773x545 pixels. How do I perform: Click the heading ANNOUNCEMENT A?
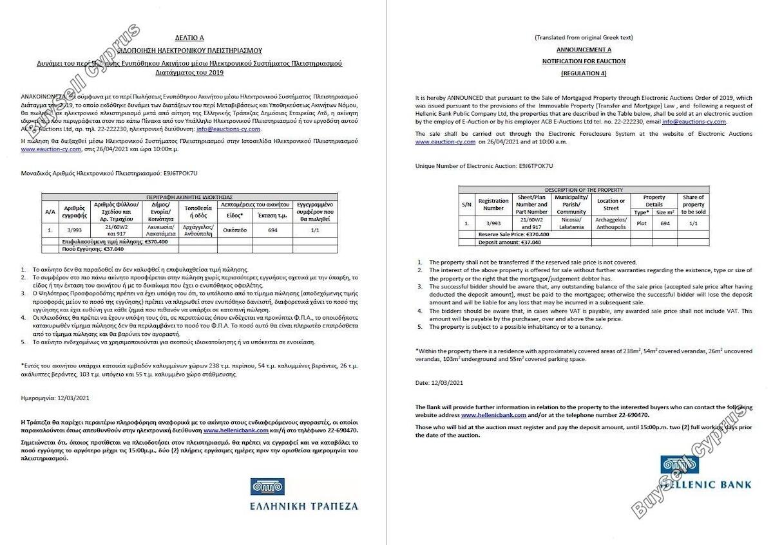coord(584,49)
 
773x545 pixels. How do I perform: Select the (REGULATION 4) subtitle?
coord(584,74)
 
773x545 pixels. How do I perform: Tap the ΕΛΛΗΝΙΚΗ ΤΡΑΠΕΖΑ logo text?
coord(304,506)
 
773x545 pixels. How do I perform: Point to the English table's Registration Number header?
coord(493,204)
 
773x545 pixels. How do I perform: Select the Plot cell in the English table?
coord(641,224)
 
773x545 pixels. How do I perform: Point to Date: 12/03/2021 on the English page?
coord(439,383)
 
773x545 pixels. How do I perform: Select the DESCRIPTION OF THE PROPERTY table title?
coord(584,190)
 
